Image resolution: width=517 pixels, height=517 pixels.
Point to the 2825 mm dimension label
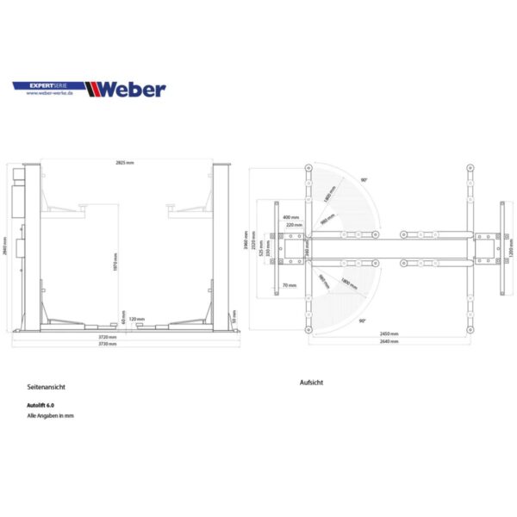tap(125, 163)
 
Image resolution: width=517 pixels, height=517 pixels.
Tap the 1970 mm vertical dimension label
tap(114, 261)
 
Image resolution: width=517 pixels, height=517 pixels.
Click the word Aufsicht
tap(311, 382)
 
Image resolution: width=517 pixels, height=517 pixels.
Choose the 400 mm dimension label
tap(290, 217)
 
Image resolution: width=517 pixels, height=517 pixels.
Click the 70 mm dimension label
tap(288, 284)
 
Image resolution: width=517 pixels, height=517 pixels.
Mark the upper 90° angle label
tap(364, 179)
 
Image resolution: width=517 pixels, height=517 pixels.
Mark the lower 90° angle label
tap(364, 319)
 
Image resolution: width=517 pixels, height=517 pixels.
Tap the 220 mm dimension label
tap(294, 224)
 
